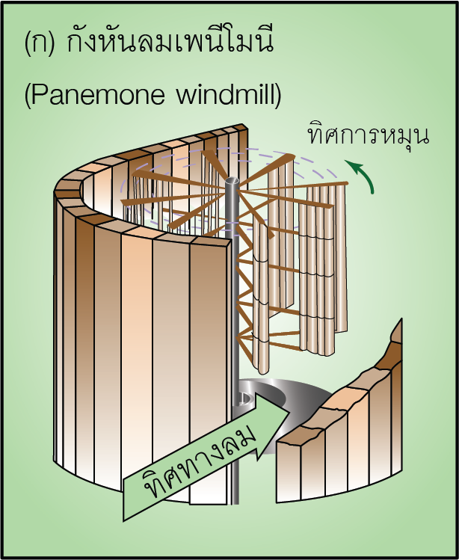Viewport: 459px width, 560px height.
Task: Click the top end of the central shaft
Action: [231, 181]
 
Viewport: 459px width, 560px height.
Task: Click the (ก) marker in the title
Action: [39, 43]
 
